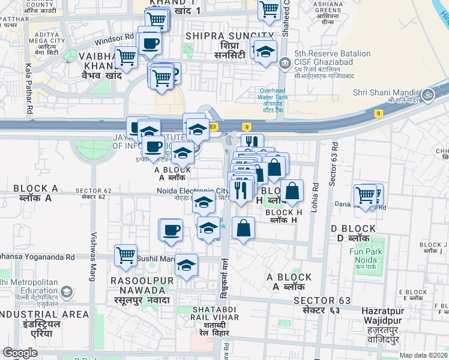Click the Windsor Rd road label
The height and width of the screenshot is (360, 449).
pyautogui.click(x=115, y=37)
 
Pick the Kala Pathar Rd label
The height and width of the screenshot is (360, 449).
pyautogui.click(x=28, y=90)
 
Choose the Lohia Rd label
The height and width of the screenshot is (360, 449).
pyautogui.click(x=315, y=198)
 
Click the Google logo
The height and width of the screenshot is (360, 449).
pyautogui.click(x=20, y=352)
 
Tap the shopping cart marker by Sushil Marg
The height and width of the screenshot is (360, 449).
pyautogui.click(x=126, y=256)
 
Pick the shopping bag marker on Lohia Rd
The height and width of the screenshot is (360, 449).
pyautogui.click(x=292, y=191)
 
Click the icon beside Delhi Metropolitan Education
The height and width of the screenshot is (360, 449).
pyautogui.click(x=66, y=292)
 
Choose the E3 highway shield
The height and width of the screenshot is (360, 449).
pyautogui.click(x=213, y=127)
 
